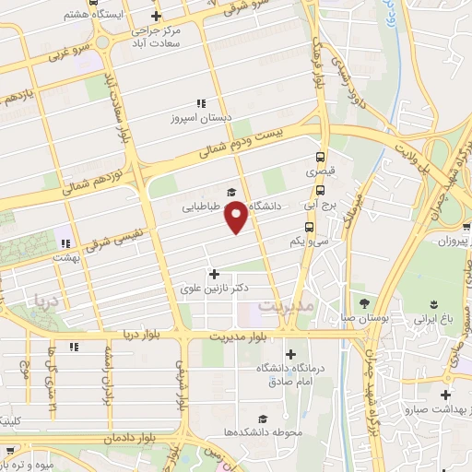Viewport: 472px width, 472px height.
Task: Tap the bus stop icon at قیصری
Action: (x=320, y=157)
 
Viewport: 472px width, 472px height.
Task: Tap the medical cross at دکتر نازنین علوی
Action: (x=215, y=274)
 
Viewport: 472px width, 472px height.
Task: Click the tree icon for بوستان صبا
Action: (x=364, y=303)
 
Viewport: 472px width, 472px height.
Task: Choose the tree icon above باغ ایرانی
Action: (x=431, y=303)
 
